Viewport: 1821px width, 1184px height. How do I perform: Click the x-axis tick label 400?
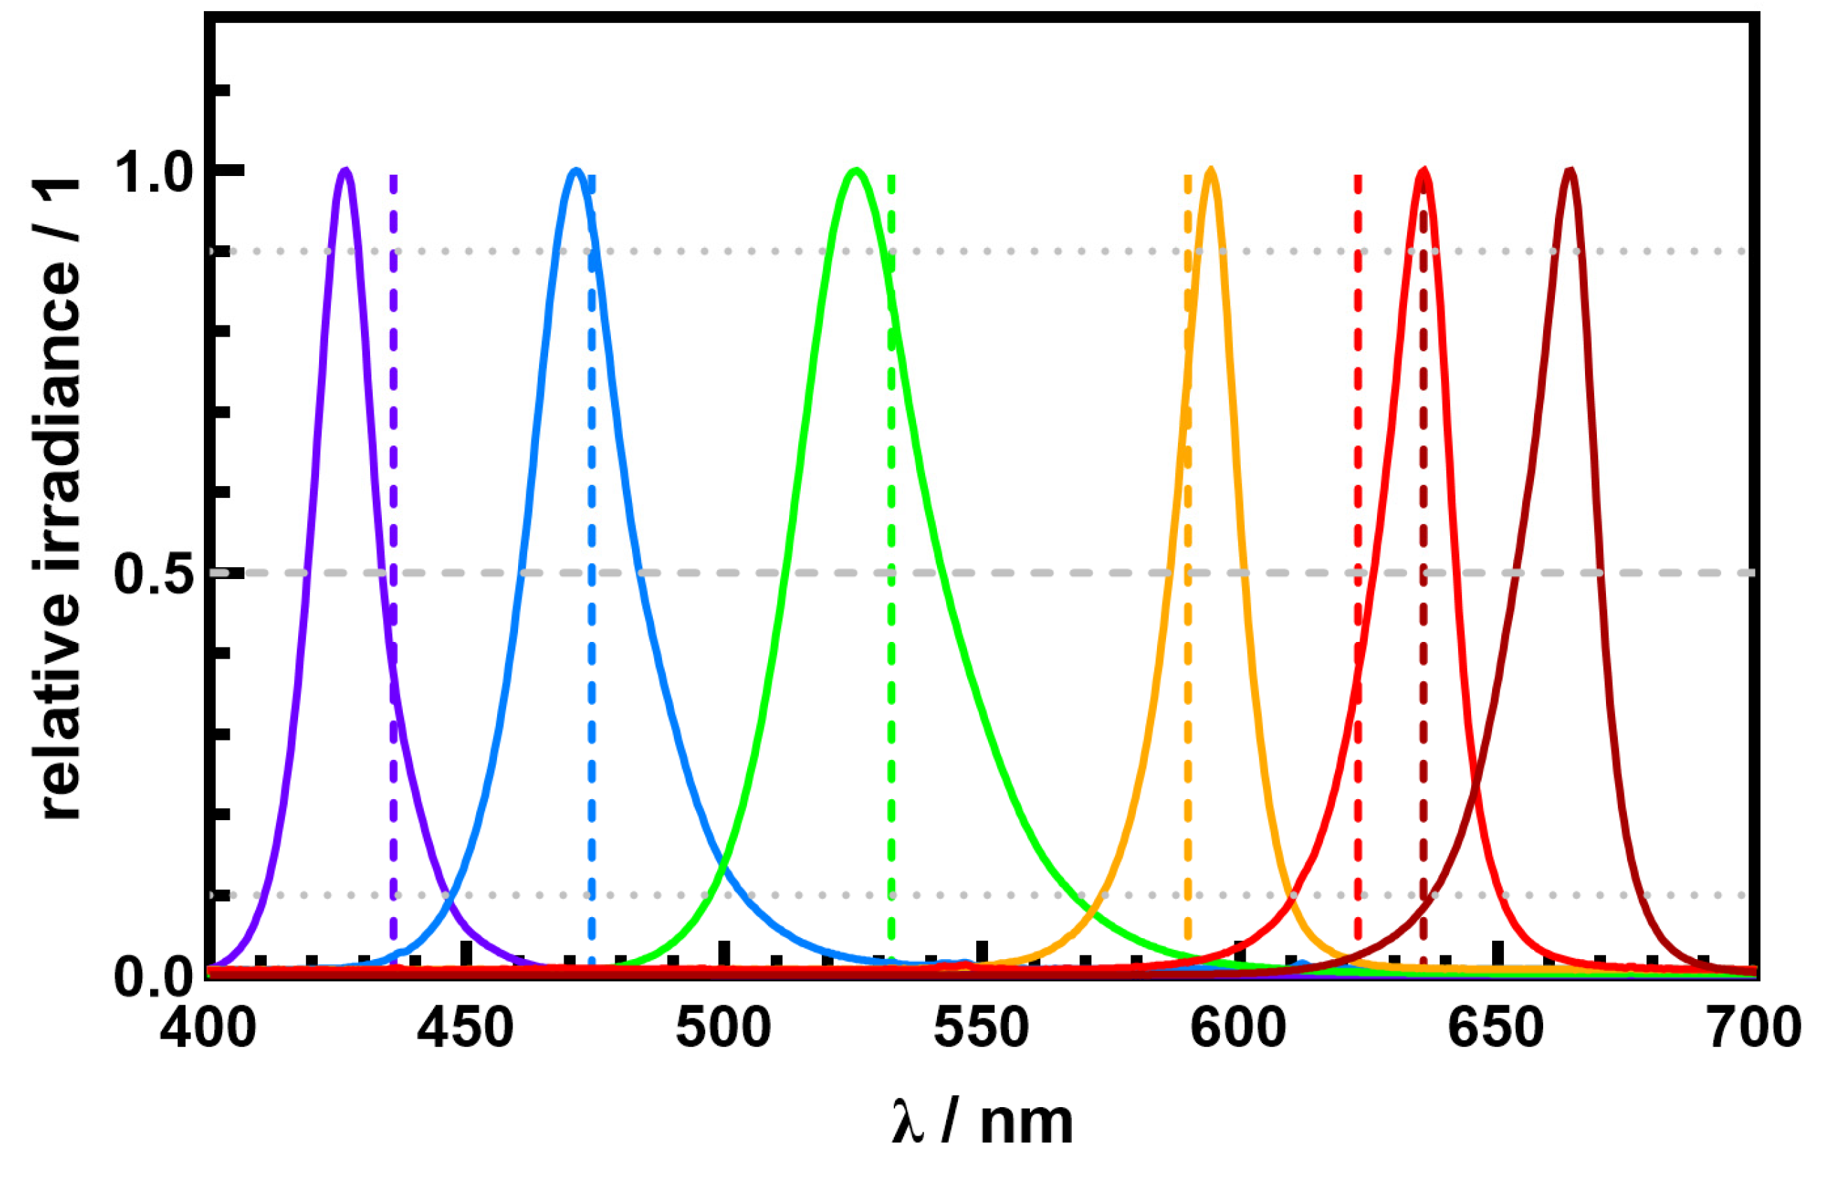tap(208, 1029)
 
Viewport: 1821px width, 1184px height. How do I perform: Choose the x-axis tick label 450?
tap(465, 1029)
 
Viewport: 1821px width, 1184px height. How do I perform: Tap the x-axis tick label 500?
tap(724, 1029)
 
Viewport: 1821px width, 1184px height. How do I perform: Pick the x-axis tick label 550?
tap(982, 1029)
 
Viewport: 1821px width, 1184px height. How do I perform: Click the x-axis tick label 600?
tap(1239, 1029)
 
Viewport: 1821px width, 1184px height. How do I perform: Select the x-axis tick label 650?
tap(1496, 1029)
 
